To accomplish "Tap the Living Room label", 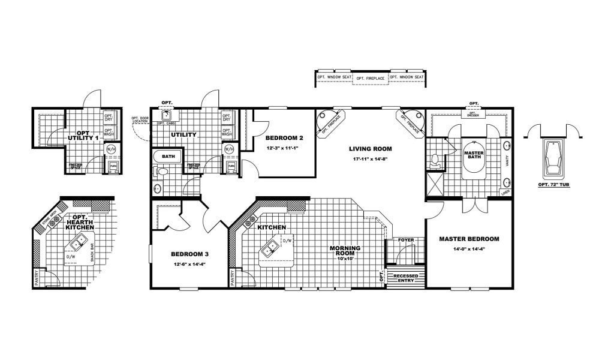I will pos(370,148).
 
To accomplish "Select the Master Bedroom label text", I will pos(469,239).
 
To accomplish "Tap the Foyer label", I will pos(406,240).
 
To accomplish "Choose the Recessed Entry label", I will pos(407,278).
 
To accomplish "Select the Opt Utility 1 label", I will pos(88,135).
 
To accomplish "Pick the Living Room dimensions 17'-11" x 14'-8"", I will pos(370,158).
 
